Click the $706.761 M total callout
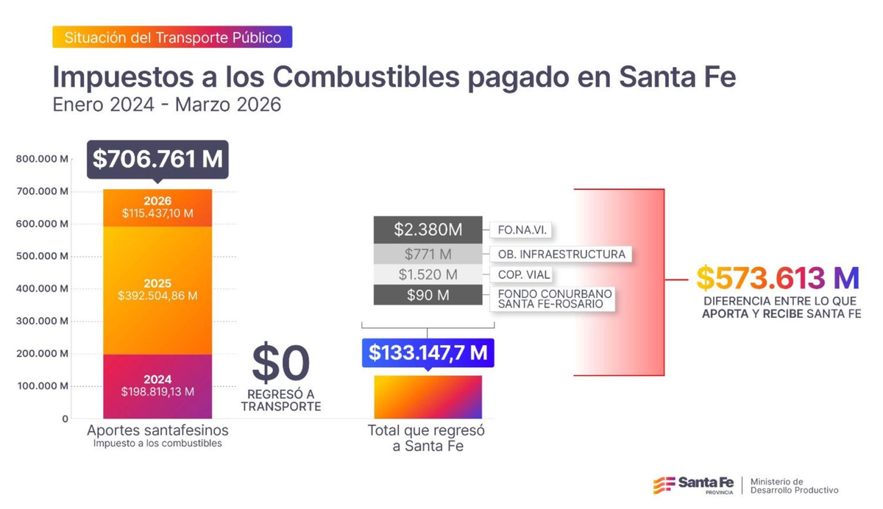click(x=157, y=160)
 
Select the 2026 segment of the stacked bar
click(x=157, y=207)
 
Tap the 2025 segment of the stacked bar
click(x=157, y=289)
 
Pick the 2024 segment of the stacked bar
click(x=157, y=385)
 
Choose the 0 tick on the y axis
click(x=65, y=419)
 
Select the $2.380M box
click(x=428, y=229)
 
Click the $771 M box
click(x=428, y=254)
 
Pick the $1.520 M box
click(x=428, y=274)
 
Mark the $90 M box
click(x=428, y=295)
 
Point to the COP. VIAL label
click(x=524, y=274)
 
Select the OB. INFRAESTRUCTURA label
click(x=561, y=254)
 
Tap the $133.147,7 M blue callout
click(x=428, y=352)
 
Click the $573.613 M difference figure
click(x=778, y=277)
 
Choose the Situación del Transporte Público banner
click(x=172, y=38)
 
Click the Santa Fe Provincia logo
click(x=693, y=485)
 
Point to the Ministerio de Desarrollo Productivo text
click(x=793, y=485)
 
